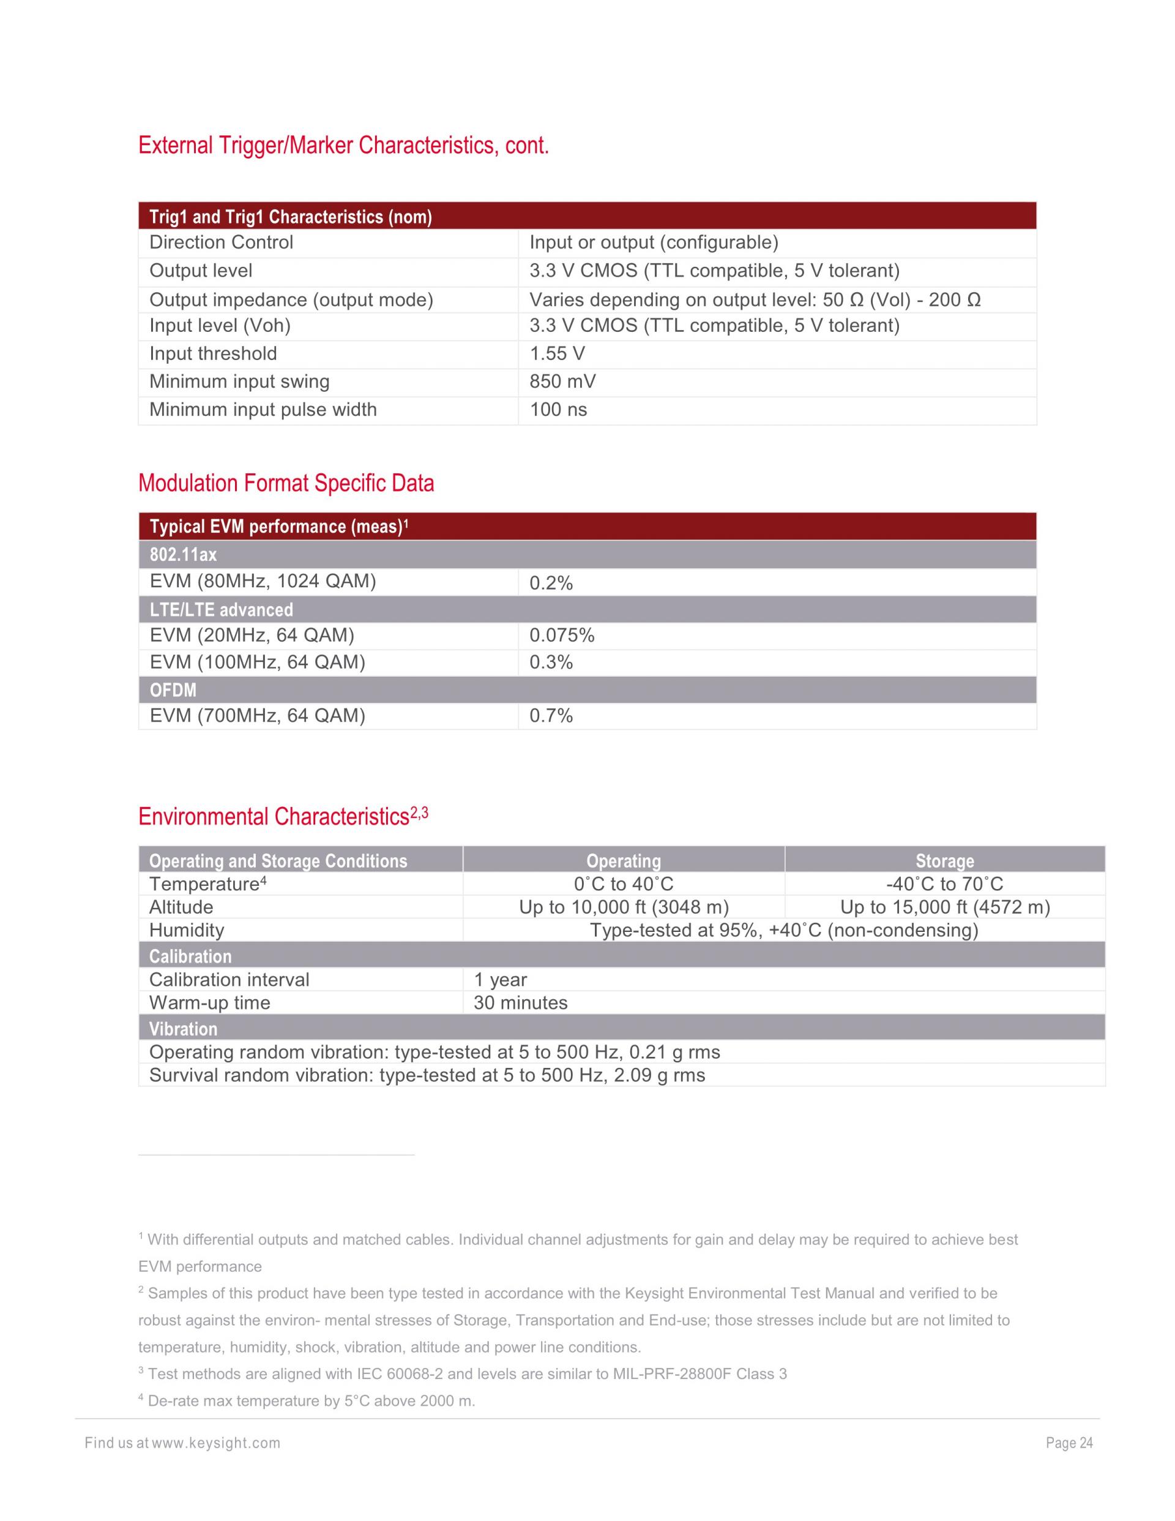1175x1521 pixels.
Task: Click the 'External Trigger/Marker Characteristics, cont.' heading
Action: click(x=343, y=146)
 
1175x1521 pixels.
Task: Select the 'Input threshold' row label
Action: click(x=213, y=354)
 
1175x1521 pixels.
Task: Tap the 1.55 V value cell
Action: click(x=557, y=354)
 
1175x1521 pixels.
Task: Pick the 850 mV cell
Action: click(x=562, y=381)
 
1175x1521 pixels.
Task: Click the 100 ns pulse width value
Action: click(x=558, y=410)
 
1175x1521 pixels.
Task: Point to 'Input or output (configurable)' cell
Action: click(x=654, y=242)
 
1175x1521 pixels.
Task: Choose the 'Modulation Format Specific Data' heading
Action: click(x=286, y=483)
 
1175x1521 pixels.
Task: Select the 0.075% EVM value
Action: click(x=562, y=635)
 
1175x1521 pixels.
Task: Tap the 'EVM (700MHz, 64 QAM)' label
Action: click(x=258, y=716)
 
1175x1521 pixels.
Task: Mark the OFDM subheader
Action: click(x=173, y=690)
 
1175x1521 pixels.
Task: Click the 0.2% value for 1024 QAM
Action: click(x=551, y=583)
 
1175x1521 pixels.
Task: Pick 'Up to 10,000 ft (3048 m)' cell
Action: click(x=624, y=907)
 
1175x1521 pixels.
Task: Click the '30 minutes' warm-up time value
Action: click(x=521, y=1003)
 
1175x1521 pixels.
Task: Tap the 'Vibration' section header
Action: click(x=183, y=1029)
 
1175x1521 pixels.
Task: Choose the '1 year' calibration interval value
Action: click(x=501, y=980)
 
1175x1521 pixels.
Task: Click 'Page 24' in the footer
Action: click(x=1069, y=1443)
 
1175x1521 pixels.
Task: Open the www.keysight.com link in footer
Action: click(x=216, y=1443)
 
